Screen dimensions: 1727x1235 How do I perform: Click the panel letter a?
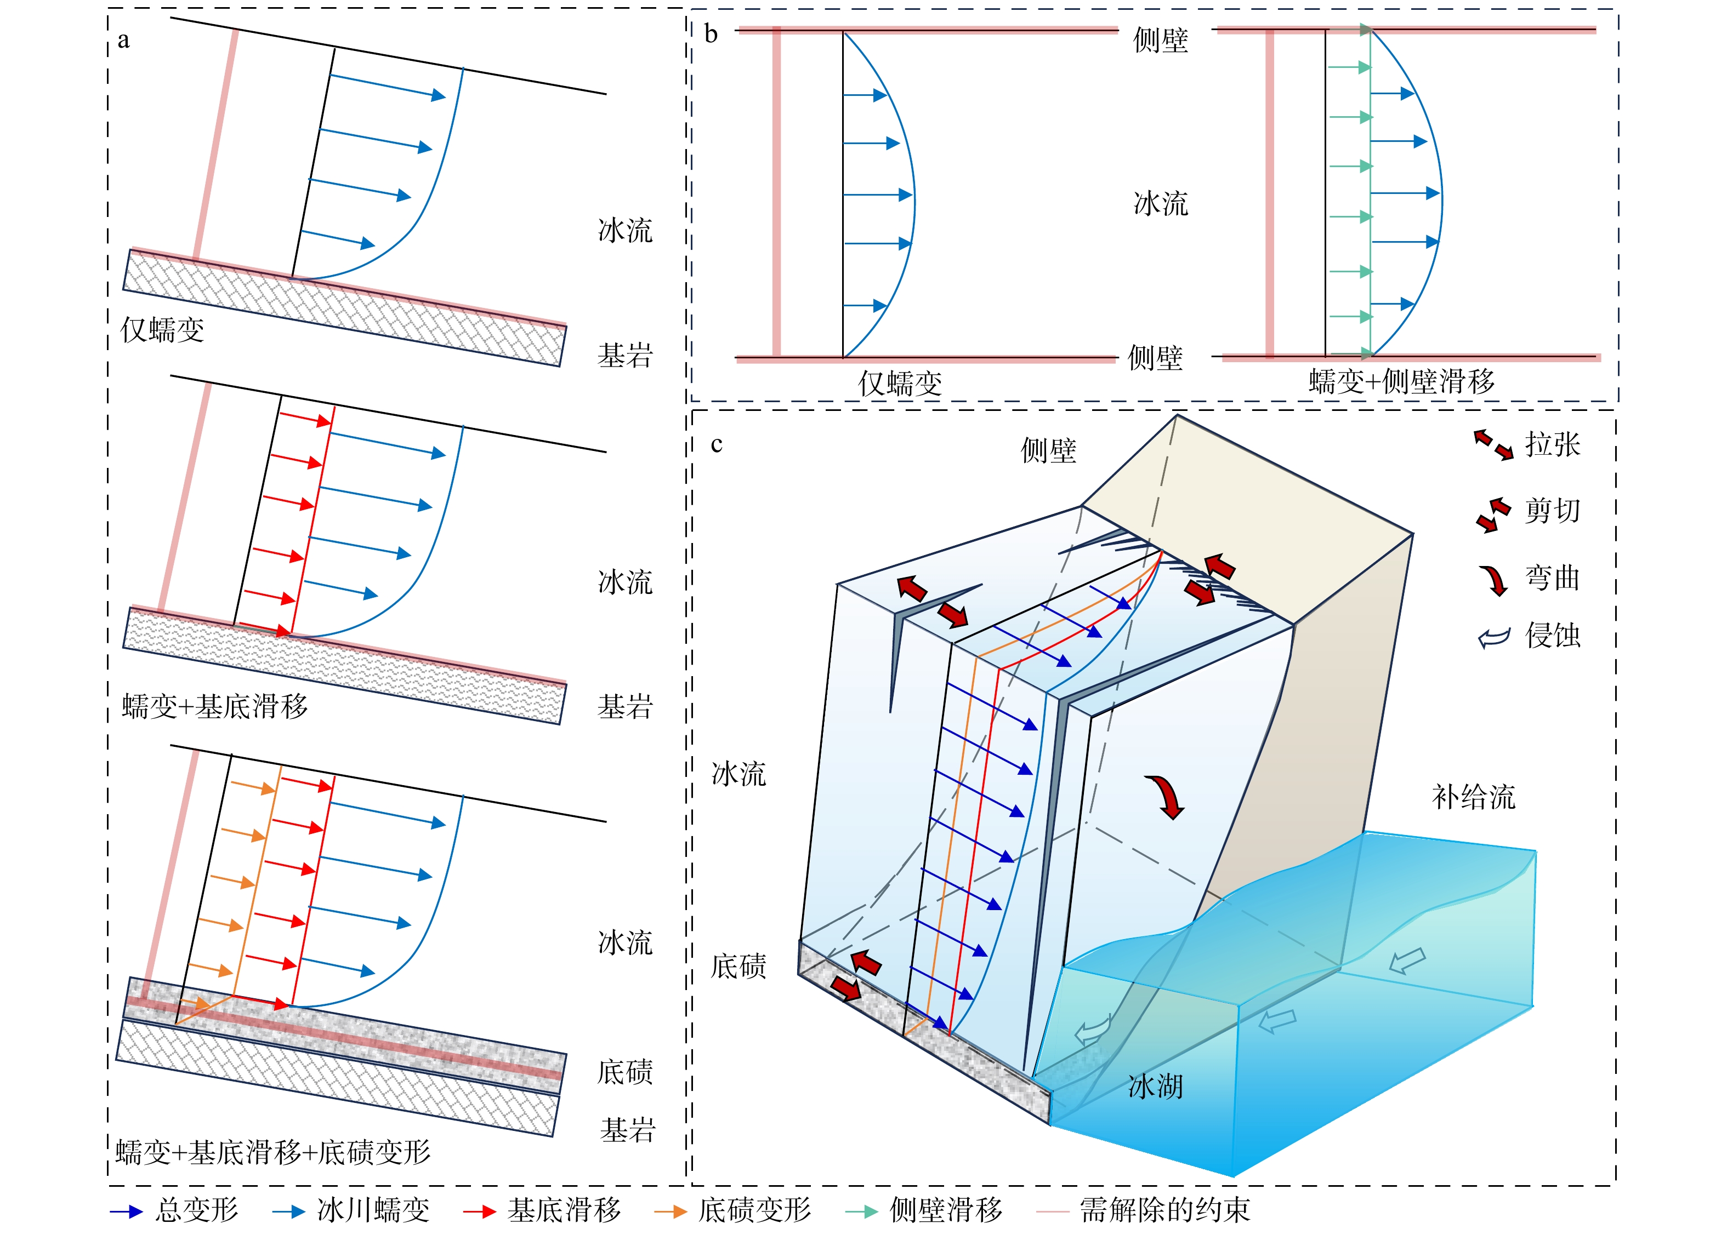pos(123,41)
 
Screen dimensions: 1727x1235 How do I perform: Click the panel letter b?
pos(711,33)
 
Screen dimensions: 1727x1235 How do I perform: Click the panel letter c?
pos(716,444)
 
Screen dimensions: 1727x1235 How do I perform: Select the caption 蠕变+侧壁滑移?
pos(1401,381)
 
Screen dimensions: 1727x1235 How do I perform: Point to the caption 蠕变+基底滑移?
pos(214,706)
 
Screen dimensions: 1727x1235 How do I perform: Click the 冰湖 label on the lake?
pos(1156,1087)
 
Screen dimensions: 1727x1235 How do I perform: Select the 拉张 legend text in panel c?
pos(1553,444)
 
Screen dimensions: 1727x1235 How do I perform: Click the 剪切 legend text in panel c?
pos(1553,510)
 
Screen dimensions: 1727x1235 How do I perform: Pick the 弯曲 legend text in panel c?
pos(1553,578)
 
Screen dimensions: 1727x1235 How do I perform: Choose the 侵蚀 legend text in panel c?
pos(1553,635)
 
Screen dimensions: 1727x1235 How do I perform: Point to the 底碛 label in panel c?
pos(738,967)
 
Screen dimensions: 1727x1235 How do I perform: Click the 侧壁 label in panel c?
pos(1048,451)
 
